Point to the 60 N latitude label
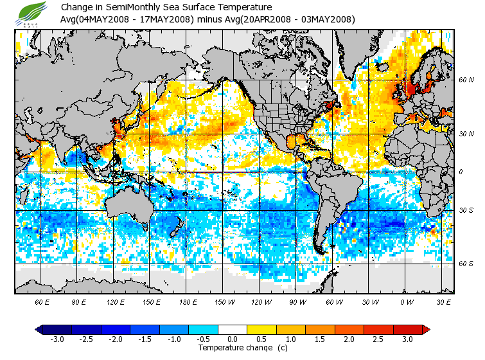click(x=466, y=80)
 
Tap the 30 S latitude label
click(x=466, y=211)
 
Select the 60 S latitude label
click(x=466, y=264)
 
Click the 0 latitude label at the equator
click(x=461, y=172)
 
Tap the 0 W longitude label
click(x=407, y=301)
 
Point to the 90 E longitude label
click(x=79, y=301)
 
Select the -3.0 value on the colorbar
click(x=58, y=339)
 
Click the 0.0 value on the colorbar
click(x=233, y=339)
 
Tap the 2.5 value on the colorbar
click(x=378, y=339)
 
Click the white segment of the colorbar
click(x=233, y=330)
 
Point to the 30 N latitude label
click(x=466, y=133)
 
